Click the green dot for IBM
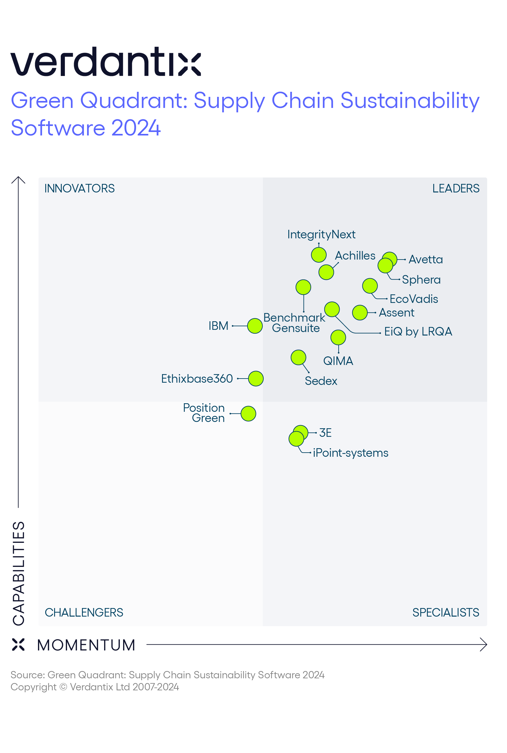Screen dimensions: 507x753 (255, 326)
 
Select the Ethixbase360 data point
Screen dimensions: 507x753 (256, 379)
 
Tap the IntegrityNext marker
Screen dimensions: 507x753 (319, 255)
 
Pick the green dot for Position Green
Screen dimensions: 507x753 (248, 413)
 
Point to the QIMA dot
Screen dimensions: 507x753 (338, 337)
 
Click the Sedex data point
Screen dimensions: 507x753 (298, 358)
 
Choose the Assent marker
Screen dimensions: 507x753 (360, 313)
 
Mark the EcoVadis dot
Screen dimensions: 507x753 (370, 286)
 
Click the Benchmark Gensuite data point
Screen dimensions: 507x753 (303, 287)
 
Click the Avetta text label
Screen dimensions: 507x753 (426, 260)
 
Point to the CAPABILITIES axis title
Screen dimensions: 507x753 (19, 573)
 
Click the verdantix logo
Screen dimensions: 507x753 (106, 61)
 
